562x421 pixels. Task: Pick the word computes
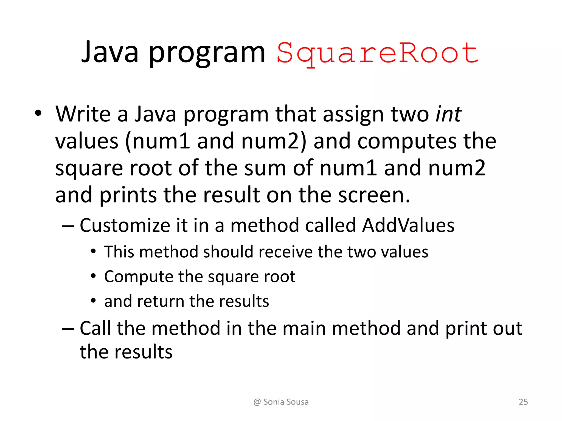pyautogui.click(x=407, y=141)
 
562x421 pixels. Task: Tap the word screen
pyautogui.click(x=374, y=195)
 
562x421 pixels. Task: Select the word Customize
pyautogui.click(x=125, y=225)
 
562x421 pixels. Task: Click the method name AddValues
pyautogui.click(x=408, y=225)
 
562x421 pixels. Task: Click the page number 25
pyautogui.click(x=523, y=402)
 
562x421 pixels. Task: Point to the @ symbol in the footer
pyautogui.click(x=257, y=402)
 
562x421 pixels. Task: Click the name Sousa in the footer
pyautogui.click(x=297, y=402)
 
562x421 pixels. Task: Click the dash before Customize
pyautogui.click(x=68, y=226)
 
